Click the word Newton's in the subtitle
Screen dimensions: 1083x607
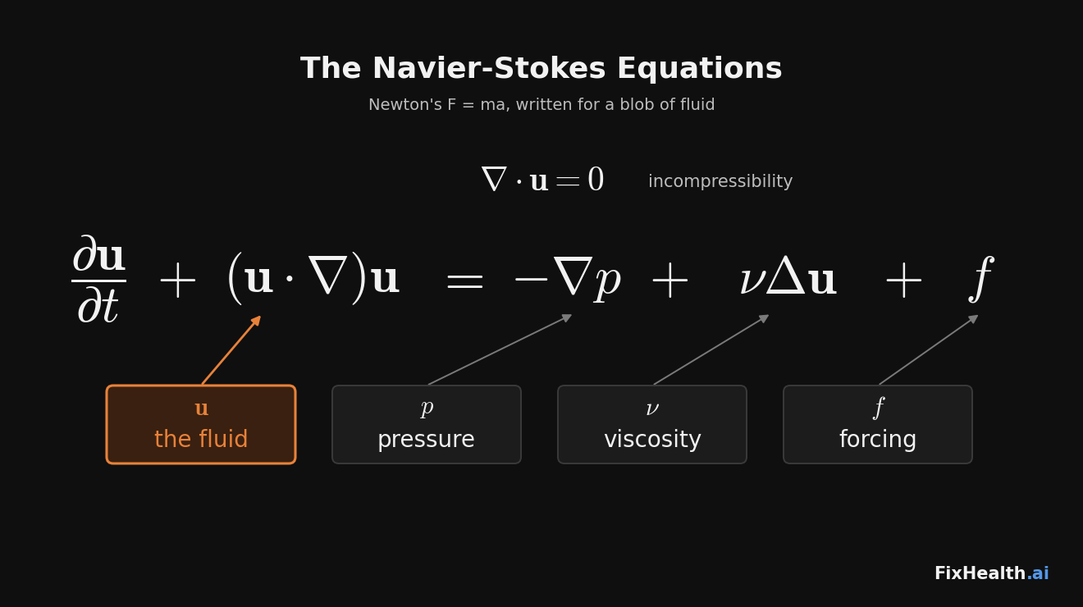click(405, 104)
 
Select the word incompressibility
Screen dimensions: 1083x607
click(720, 181)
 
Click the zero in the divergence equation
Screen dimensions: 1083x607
click(596, 180)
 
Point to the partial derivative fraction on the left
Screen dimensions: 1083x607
click(98, 279)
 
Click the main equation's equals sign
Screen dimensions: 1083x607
click(464, 281)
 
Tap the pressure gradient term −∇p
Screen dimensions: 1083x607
click(568, 280)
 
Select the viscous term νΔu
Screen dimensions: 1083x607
click(788, 276)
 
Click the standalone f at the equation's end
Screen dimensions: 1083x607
click(980, 279)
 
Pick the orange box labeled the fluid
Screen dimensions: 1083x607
click(201, 424)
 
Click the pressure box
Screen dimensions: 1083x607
click(427, 424)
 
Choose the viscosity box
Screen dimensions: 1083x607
click(652, 424)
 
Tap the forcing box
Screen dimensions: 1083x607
click(878, 424)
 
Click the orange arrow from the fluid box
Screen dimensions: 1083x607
click(231, 350)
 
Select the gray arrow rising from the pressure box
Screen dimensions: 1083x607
click(500, 349)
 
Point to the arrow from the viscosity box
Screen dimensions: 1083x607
click(711, 350)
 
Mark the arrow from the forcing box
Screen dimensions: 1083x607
click(929, 350)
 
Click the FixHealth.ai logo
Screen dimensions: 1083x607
click(992, 573)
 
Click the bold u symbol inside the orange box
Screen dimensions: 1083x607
click(202, 408)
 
